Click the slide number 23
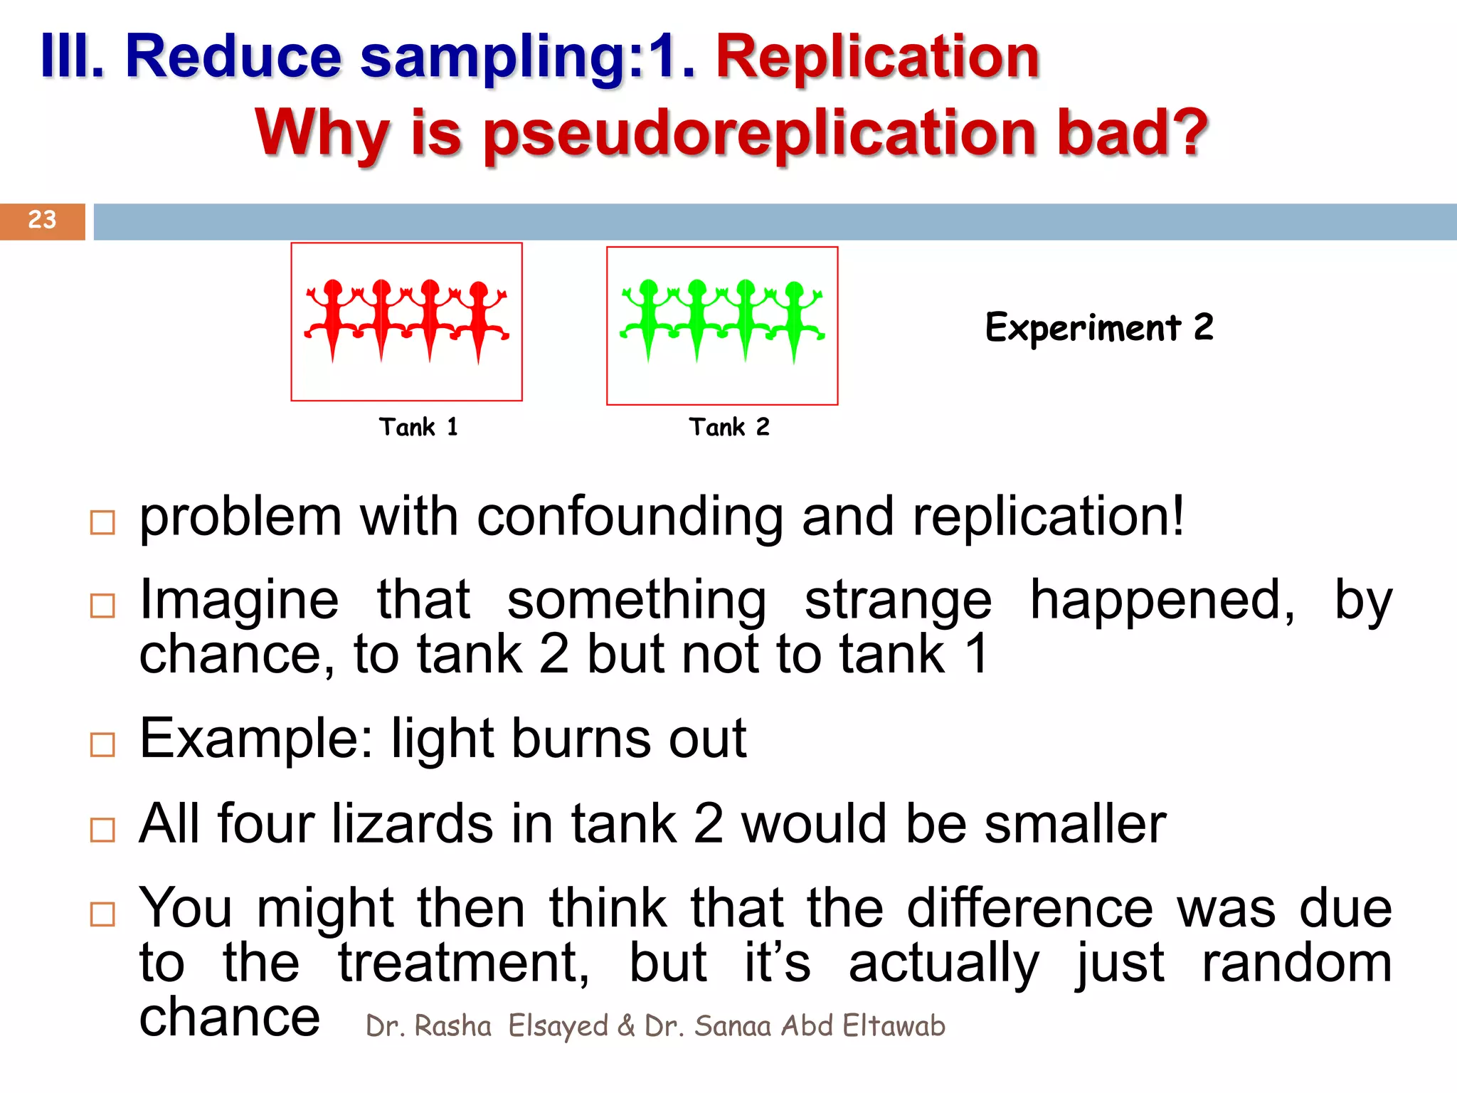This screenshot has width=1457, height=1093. [x=42, y=220]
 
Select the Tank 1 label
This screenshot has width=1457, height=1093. [x=418, y=427]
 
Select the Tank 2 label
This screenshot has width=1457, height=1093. [x=729, y=427]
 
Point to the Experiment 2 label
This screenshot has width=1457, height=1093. [x=1099, y=328]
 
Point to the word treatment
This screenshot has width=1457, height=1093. [x=463, y=963]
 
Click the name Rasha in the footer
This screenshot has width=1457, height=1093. [x=452, y=1026]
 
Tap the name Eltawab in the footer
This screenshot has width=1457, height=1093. [x=894, y=1026]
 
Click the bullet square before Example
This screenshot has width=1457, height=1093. [x=103, y=745]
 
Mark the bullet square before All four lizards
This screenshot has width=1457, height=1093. [x=103, y=830]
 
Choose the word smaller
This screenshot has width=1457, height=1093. [x=1075, y=824]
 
